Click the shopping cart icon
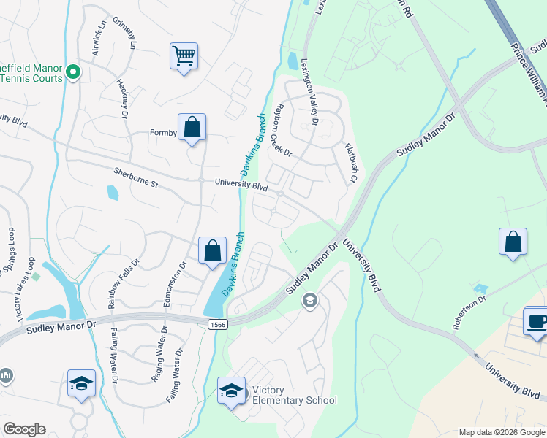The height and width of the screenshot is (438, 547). point(184,55)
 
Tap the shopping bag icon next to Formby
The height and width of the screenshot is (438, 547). point(192,127)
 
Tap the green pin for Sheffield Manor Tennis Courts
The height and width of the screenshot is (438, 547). point(72,73)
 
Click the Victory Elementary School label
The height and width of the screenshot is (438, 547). point(294,395)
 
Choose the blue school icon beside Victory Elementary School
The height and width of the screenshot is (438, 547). point(232,391)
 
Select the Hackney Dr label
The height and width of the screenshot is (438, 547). point(122,97)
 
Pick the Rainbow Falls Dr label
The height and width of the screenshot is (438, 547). point(122,283)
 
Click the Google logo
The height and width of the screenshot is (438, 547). point(24,429)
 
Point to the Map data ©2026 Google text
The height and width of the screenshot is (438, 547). point(502,432)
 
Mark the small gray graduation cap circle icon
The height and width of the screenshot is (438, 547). point(310,300)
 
